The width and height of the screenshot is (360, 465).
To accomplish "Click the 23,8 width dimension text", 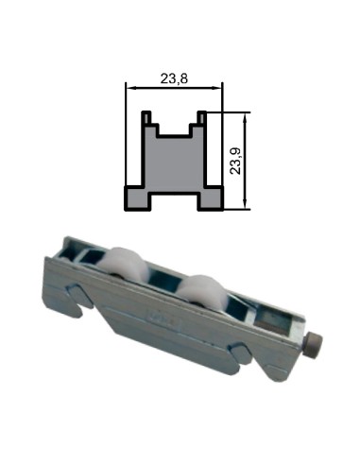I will point(173,79).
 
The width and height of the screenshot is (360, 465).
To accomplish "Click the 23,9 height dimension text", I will point(236,159).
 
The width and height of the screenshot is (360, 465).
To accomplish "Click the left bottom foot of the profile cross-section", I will point(139,198).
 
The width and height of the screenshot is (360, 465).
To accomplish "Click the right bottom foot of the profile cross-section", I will point(210,198).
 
